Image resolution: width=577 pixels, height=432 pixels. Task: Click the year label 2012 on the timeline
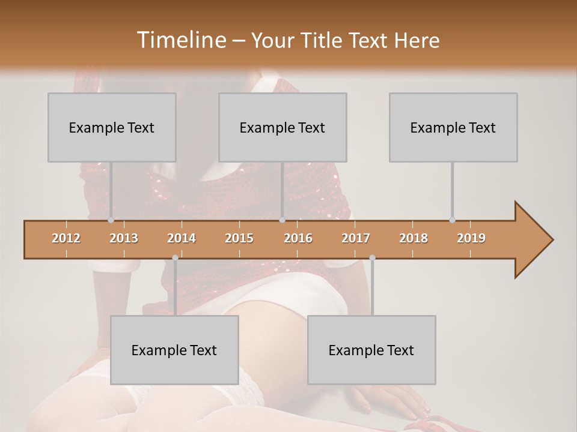(66, 238)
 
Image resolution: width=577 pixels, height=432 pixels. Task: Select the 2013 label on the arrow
(124, 238)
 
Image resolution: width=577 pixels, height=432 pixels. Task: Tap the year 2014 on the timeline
(182, 238)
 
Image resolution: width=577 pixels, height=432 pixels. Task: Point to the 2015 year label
(239, 238)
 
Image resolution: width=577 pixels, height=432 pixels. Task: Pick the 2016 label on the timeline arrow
(298, 238)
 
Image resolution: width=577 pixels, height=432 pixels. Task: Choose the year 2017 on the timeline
(356, 238)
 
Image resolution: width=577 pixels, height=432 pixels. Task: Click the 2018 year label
(414, 238)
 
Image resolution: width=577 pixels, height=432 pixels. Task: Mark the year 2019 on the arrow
(471, 238)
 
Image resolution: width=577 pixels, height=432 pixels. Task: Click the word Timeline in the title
(180, 40)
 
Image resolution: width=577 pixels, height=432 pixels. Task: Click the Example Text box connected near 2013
(112, 127)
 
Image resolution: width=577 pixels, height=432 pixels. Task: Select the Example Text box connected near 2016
(282, 127)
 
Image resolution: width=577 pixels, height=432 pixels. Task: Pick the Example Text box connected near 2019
(453, 127)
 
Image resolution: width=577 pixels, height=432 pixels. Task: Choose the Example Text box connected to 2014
(174, 350)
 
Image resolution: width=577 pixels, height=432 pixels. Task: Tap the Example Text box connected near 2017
(371, 350)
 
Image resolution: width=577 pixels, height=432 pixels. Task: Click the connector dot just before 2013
(111, 220)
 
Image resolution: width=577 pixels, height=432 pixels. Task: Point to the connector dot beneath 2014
(175, 258)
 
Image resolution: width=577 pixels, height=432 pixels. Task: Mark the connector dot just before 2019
(452, 220)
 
